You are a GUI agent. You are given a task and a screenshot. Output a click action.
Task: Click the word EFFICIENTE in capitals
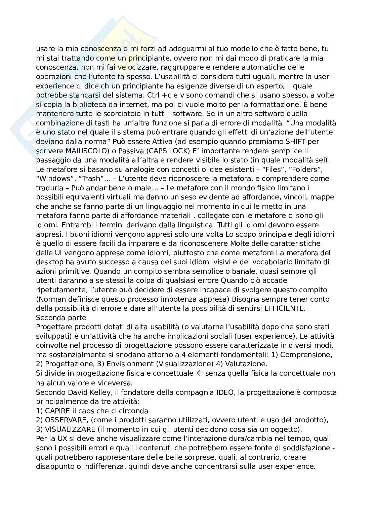click(x=285, y=308)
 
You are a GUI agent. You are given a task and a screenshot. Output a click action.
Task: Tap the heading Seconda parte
click(x=61, y=318)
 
